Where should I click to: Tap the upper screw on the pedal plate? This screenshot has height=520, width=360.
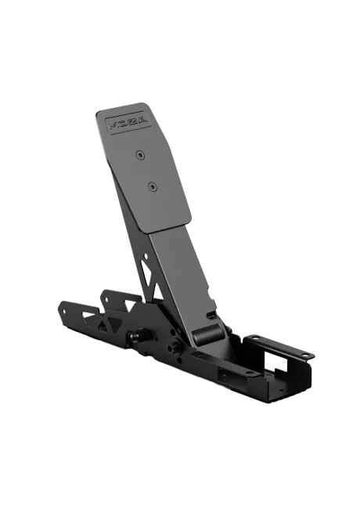(140, 154)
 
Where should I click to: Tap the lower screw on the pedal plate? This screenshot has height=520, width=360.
(152, 186)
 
